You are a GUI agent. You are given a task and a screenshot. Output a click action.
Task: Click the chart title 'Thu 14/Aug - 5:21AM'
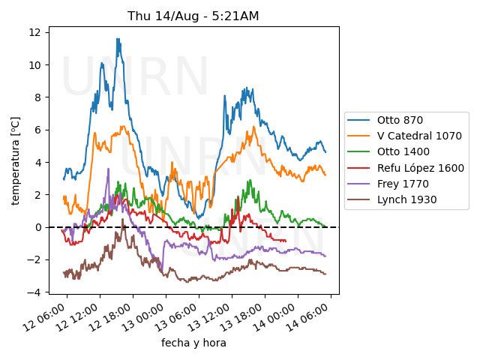coord(193,16)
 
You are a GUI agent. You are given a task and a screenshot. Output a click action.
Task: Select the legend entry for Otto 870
coord(400,120)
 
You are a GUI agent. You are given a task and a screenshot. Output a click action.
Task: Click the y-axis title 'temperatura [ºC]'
coord(15,160)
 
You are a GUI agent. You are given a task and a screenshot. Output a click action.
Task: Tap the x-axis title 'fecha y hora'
coord(193,343)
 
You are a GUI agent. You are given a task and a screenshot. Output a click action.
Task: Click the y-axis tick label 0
coord(39,227)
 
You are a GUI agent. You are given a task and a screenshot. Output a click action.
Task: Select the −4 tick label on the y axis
coord(36,292)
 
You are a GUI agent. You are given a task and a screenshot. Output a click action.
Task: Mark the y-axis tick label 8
coord(39,97)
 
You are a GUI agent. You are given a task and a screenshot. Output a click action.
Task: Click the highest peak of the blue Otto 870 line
coord(118,39)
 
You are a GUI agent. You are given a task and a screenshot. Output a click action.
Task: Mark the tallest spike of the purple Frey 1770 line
coord(108,169)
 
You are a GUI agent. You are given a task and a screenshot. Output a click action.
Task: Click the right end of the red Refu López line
coord(286,241)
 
